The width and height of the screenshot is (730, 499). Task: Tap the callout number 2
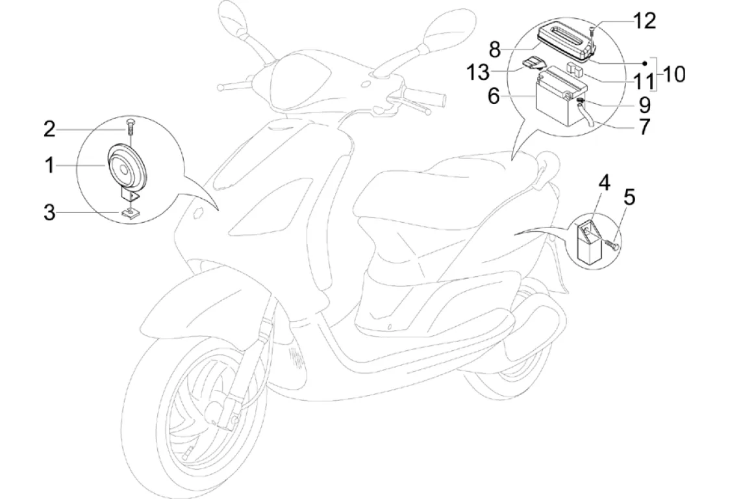[49, 129]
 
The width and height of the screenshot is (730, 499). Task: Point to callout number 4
[604, 182]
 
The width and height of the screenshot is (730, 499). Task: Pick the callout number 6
[495, 96]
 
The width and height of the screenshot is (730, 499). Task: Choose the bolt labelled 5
[612, 244]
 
